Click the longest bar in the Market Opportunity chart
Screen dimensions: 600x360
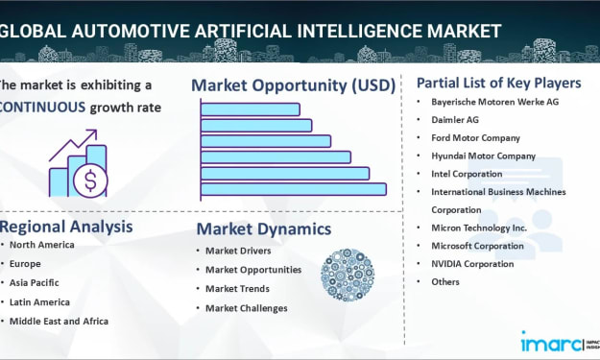[294, 189]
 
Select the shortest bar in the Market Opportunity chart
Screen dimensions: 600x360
[251, 109]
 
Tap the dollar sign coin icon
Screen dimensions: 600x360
[90, 180]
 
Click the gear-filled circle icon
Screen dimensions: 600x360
[348, 276]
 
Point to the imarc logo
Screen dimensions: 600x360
[551, 342]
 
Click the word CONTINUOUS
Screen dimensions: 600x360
[42, 108]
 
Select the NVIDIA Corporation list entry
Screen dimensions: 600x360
[472, 264]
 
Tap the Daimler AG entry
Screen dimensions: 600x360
[455, 120]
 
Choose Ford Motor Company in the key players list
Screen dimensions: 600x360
[475, 137]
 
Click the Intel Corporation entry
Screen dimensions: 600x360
[467, 174]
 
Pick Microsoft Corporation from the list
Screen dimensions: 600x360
[477, 246]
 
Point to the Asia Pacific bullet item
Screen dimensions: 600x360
[34, 283]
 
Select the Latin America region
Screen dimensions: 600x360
[39, 302]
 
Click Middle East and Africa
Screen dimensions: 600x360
[59, 322]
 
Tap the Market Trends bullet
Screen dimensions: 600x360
[238, 289]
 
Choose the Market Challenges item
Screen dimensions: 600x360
[247, 308]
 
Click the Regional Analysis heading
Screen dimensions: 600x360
[66, 227]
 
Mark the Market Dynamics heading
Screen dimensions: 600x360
[264, 229]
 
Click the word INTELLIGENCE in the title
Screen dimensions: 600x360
[359, 31]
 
